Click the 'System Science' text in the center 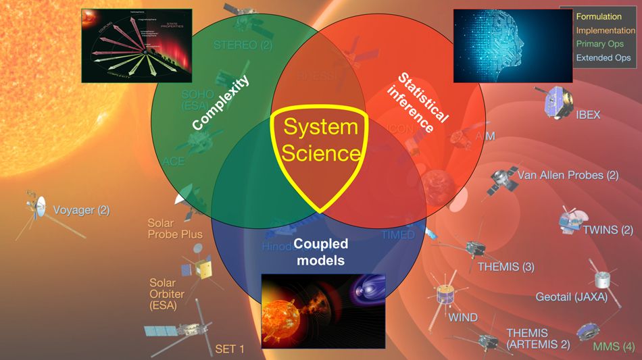(x=320, y=140)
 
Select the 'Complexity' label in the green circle (x=220, y=103)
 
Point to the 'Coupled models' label (x=322, y=251)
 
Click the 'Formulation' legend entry (x=599, y=16)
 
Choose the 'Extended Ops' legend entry (x=603, y=57)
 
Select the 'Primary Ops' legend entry (x=601, y=44)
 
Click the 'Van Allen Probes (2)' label (x=568, y=175)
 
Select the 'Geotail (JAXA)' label (x=571, y=297)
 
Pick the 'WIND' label (x=463, y=317)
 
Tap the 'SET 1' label (x=230, y=349)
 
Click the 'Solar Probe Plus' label (x=174, y=229)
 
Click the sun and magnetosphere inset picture (x=322, y=310)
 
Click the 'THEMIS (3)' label (x=505, y=267)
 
